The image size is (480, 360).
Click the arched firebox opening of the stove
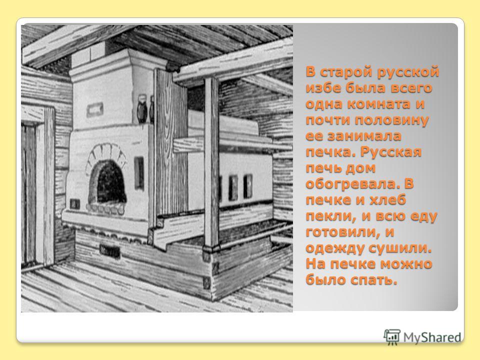[107, 181]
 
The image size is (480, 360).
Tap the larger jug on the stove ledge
[142, 108]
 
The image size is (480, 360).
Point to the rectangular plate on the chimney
[95, 110]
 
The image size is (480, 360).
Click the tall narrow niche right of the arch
[139, 173]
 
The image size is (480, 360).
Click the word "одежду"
[335, 247]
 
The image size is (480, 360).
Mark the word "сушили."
[400, 247]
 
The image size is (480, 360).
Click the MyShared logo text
[432, 337]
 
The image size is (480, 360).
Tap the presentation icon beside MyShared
[392, 337]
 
